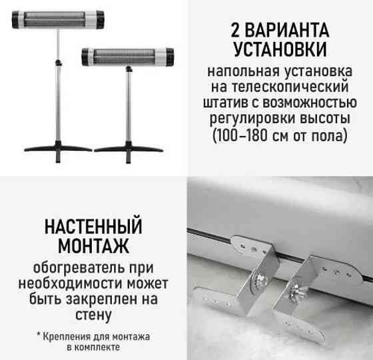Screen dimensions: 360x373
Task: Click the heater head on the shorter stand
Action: click(129, 56)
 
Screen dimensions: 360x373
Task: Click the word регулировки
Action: click(250, 120)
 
